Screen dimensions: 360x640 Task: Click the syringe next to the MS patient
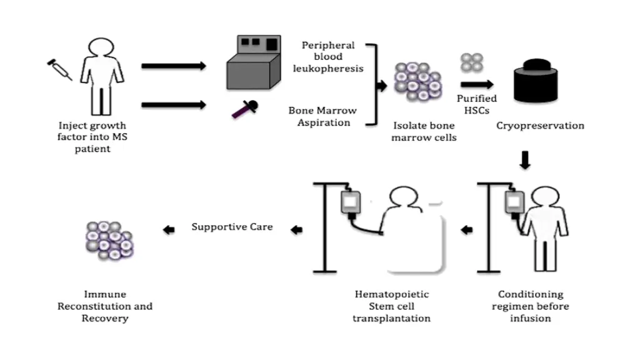60,69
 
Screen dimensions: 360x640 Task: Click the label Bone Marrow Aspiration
322,116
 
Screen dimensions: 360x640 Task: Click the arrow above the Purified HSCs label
477,84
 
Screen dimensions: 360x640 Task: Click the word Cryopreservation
540,126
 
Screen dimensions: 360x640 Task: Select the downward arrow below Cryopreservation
525,161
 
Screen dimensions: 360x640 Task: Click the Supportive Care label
232,227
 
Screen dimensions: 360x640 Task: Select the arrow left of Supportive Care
169,230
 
